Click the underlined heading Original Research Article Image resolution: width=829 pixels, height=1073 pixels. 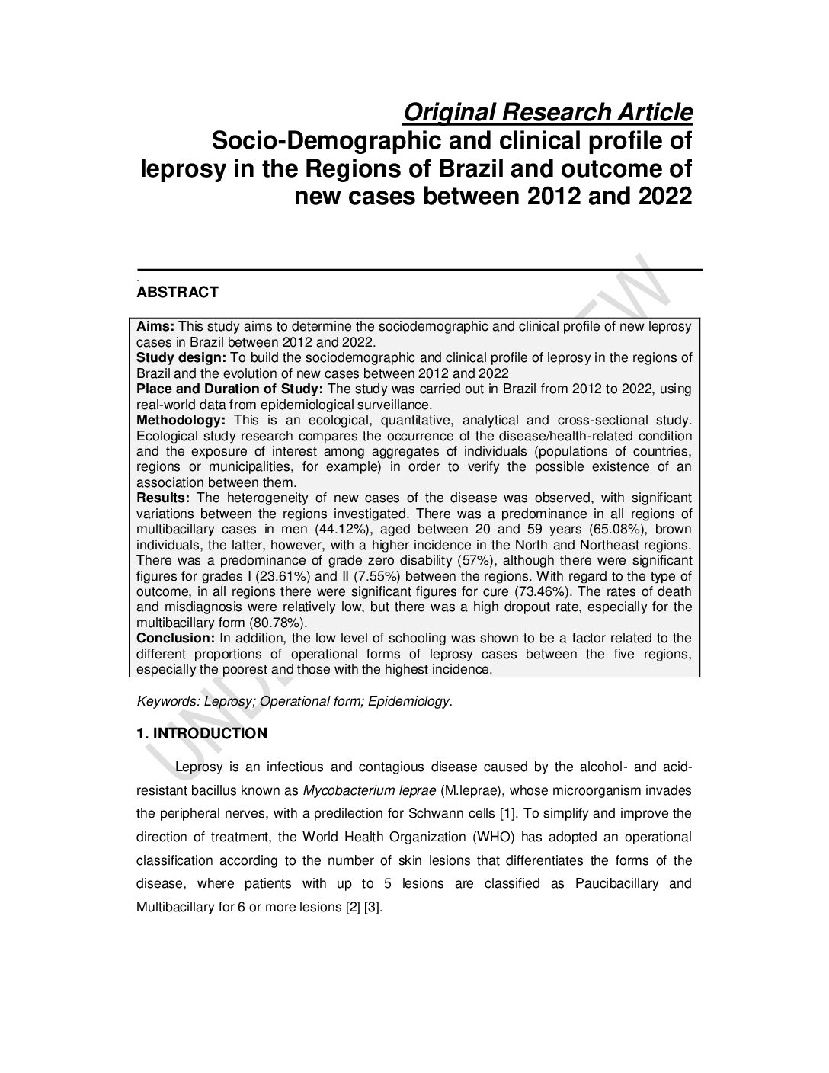coord(547,113)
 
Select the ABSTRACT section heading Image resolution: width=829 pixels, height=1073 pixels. coord(178,292)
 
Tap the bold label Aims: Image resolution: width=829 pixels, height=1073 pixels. coord(155,326)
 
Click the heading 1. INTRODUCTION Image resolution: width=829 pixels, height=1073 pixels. coord(202,734)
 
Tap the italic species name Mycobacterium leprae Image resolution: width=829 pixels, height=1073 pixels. coord(364,790)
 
